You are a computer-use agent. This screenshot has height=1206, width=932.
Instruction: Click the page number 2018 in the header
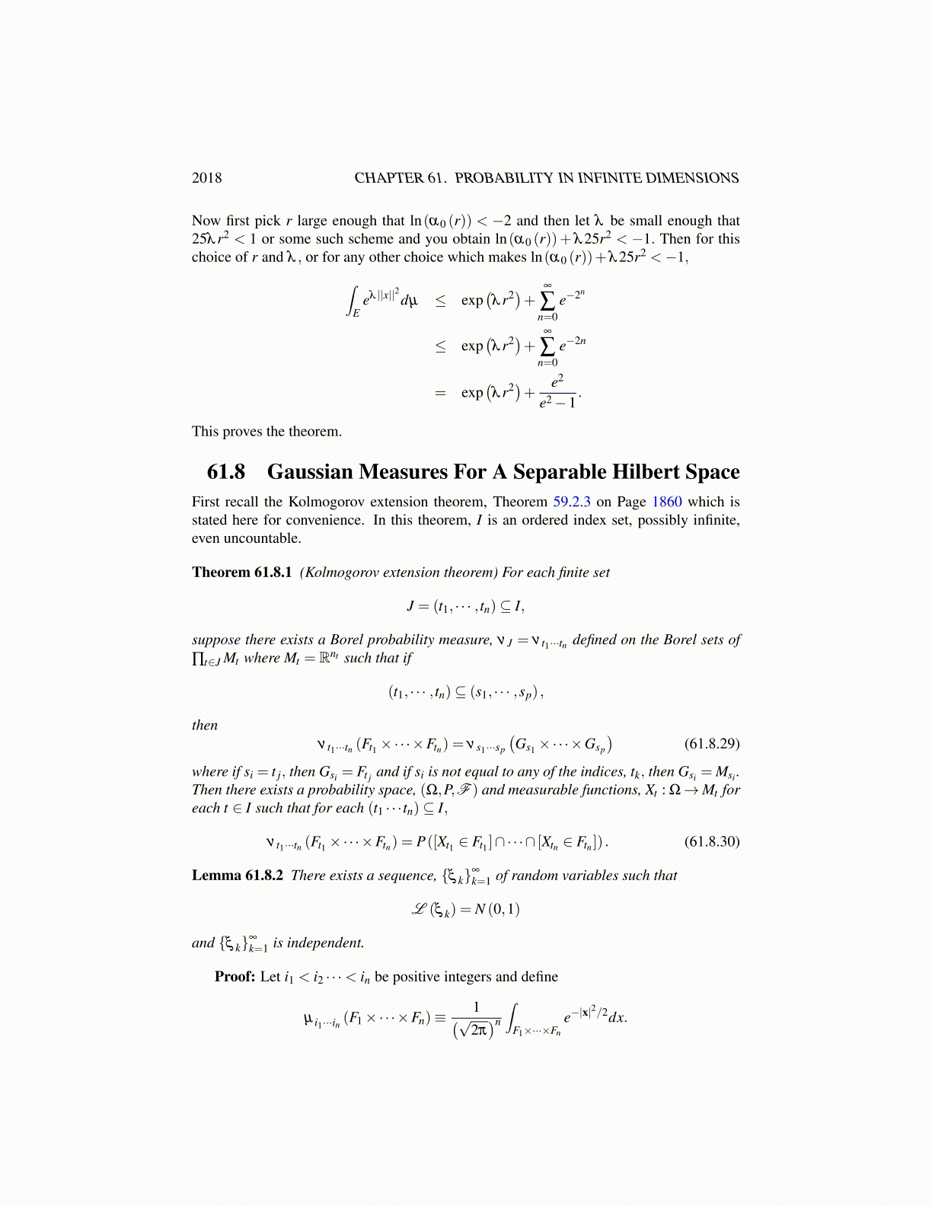pos(206,178)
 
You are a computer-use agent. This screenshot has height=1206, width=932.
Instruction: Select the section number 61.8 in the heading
pos(226,472)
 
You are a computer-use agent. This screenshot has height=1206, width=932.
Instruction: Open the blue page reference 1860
pos(667,502)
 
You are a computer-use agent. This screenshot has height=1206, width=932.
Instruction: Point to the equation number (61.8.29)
pos(712,743)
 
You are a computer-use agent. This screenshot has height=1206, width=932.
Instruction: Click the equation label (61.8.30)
pos(712,841)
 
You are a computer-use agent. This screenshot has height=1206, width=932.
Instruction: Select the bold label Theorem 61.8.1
pos(241,573)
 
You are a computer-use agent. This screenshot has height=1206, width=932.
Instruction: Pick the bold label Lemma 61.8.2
pos(238,876)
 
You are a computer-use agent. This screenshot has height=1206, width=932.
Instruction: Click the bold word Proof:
pos(235,977)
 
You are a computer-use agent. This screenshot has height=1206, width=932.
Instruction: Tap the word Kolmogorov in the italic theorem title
pos(346,573)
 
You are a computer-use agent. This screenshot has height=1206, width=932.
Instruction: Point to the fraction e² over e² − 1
pos(557,391)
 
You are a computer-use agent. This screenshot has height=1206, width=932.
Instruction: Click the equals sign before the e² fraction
pos(439,393)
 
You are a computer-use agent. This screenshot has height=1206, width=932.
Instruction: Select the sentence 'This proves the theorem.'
pos(267,432)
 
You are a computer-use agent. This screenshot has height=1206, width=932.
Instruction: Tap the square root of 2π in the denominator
pos(474,1030)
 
